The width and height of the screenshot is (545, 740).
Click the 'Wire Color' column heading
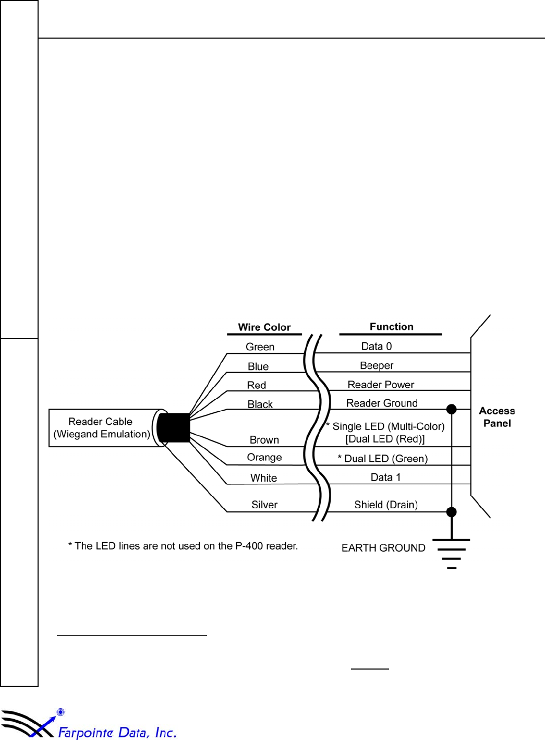point(264,327)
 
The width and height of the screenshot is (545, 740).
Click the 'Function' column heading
point(391,327)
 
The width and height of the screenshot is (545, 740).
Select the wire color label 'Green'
point(260,347)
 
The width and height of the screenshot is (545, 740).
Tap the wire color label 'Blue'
point(258,366)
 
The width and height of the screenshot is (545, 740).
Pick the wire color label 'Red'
point(257,385)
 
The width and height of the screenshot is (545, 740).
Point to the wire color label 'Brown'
point(264,440)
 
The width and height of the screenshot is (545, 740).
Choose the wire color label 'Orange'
point(264,457)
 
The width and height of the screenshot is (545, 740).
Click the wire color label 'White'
point(263,478)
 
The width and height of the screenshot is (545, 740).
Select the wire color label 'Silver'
point(264,505)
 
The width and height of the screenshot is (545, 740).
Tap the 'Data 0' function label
point(377,347)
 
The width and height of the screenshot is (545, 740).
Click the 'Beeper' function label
point(377,365)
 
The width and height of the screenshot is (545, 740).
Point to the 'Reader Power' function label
point(381,385)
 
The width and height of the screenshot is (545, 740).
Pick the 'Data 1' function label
point(385,478)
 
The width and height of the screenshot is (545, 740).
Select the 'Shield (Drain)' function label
point(386,505)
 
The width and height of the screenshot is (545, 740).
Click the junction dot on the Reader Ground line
point(452,409)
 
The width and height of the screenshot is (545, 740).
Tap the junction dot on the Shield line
point(452,512)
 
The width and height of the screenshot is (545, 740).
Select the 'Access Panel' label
point(497,417)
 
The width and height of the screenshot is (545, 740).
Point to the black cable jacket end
point(174,428)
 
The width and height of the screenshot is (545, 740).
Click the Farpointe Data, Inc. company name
point(117,732)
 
